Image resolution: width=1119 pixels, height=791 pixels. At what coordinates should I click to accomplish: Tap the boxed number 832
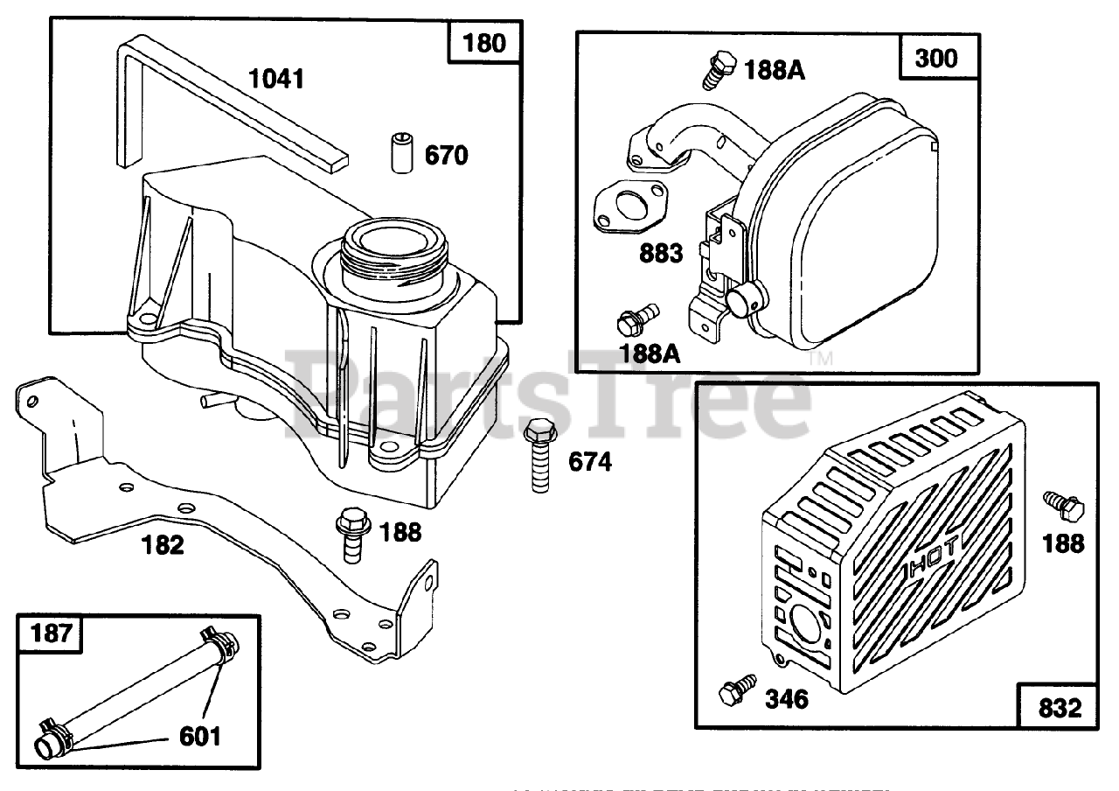pos(1060,705)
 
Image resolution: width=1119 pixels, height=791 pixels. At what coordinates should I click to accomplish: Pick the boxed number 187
pos(52,633)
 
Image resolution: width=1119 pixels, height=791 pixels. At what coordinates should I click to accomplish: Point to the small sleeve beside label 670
pos(400,153)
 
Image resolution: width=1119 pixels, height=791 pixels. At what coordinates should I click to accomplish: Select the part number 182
pos(163,545)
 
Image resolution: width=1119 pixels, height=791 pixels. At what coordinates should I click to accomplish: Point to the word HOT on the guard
pos(931,556)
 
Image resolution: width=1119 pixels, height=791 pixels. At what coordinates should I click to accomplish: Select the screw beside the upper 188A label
pos(716,69)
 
